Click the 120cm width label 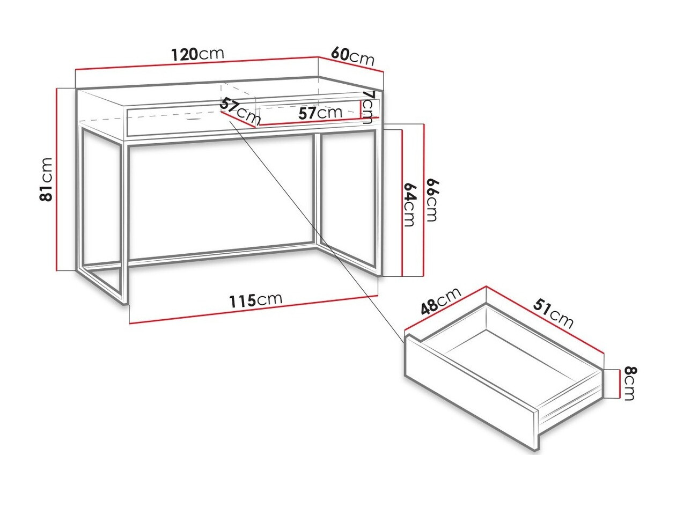point(197,54)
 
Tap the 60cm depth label point(352,56)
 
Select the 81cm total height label point(47,179)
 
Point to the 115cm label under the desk point(256,301)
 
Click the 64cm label point(409,204)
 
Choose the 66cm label point(432,200)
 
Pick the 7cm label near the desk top point(368,107)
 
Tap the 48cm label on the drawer point(441,301)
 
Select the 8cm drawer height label point(629,383)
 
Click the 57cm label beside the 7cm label point(320,113)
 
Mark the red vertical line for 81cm point(56,179)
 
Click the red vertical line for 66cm point(424,200)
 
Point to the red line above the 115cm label point(253,310)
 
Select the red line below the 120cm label point(197,64)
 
